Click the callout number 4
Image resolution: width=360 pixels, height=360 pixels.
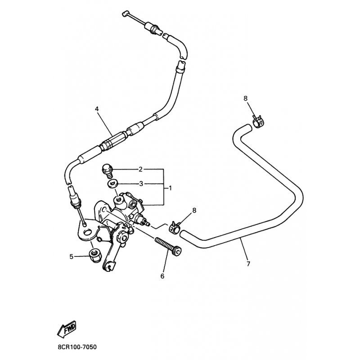point(97,109)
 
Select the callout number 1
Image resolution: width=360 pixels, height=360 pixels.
point(170,188)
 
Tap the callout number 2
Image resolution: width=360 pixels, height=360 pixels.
point(140,170)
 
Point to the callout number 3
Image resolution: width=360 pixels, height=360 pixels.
point(141,184)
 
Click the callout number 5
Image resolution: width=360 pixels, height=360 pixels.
point(72,256)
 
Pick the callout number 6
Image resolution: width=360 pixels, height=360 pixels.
point(162,276)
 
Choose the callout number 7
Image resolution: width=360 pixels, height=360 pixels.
point(248,264)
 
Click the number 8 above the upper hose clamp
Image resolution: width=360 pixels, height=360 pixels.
point(245,98)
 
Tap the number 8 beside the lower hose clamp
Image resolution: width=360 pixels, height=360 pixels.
point(194,210)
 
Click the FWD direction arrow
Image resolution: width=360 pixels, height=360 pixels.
point(67,328)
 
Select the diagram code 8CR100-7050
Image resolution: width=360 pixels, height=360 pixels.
point(77,347)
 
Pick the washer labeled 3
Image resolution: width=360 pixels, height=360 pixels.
point(112,184)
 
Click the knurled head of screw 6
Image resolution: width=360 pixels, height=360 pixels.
point(177,252)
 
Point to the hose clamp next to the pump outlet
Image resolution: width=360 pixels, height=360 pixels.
point(176,227)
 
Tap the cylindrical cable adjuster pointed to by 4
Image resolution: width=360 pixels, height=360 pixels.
point(114,140)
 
